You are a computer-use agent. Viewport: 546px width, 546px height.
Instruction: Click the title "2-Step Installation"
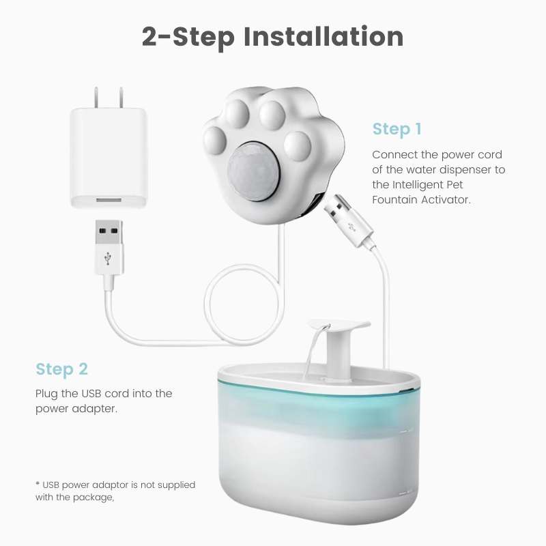click(272, 35)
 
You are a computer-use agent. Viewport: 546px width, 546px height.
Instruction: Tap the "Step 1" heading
click(397, 129)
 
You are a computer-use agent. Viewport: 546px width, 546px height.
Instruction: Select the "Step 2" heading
click(61, 369)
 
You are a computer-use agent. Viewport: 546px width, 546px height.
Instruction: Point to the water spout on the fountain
click(338, 331)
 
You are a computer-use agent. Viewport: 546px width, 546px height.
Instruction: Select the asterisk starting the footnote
click(38, 484)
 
